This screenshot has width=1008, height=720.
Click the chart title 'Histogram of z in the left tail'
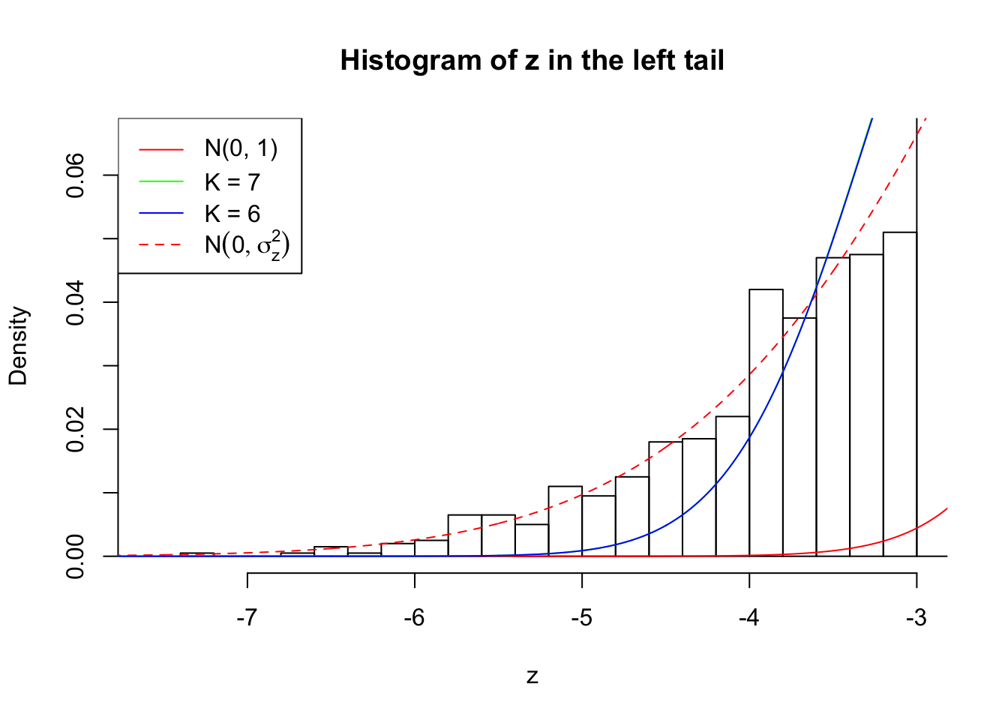532,61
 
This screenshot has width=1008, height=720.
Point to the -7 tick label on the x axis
247,618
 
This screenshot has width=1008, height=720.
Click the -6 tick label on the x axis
414,618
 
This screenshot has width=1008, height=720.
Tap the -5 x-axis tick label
581,618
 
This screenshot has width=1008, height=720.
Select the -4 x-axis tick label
748,618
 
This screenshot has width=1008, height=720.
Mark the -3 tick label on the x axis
916,618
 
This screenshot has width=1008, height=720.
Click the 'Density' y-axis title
18,346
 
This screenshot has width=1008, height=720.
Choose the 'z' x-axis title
532,676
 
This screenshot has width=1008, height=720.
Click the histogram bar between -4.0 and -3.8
766,423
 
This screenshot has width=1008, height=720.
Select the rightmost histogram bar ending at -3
899,394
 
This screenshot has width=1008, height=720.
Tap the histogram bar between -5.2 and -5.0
565,521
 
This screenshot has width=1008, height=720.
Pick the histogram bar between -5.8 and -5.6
464,535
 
